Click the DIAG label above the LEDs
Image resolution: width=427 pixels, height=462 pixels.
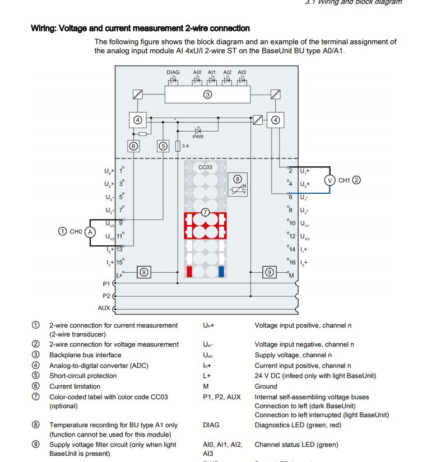point(173,72)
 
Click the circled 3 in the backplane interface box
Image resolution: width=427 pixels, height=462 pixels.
point(207,95)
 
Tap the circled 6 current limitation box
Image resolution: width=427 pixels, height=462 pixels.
point(133,146)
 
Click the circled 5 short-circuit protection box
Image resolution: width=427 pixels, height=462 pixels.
point(163,146)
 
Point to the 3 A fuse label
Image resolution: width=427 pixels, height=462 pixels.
point(185,146)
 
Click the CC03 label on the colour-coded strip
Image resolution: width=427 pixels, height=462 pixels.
point(205,167)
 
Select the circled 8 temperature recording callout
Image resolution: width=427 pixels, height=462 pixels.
point(238,179)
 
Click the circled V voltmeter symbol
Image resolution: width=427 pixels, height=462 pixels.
point(330,180)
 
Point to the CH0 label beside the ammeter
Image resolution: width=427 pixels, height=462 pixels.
point(76,231)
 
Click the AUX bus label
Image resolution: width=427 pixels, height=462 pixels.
point(104,308)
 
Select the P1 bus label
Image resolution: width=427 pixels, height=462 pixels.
point(106,284)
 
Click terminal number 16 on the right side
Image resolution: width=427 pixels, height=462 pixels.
point(291,262)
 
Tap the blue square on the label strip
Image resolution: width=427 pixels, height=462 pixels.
point(221,272)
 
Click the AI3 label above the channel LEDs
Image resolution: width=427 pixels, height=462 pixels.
point(242,72)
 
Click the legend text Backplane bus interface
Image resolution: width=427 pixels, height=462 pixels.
point(85,355)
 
